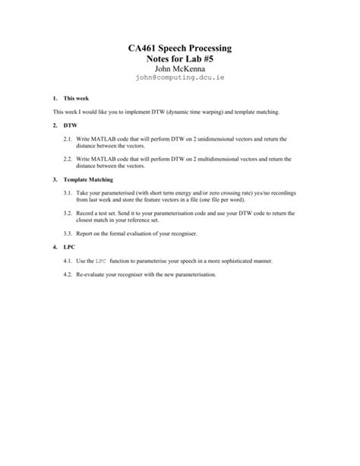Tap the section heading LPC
point(49,248)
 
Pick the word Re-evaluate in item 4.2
point(92,273)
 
